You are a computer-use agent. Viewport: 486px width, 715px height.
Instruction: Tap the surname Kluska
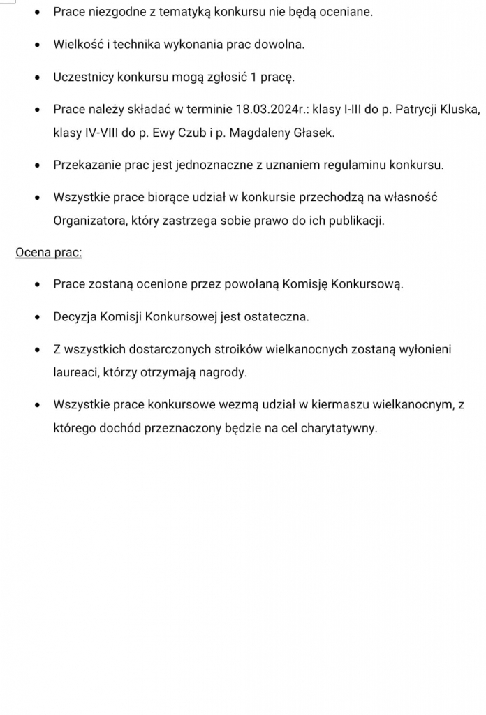tap(461, 110)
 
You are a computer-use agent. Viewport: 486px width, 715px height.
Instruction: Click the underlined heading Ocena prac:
tap(49, 252)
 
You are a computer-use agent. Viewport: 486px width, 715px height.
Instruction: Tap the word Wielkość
tap(78, 45)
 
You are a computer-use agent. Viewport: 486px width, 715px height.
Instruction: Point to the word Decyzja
tap(75, 317)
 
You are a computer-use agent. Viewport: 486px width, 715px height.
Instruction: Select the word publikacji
tap(354, 221)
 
